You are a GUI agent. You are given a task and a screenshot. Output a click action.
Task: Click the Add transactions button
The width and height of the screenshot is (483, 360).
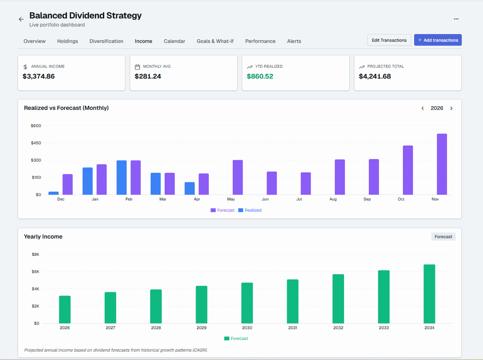438,40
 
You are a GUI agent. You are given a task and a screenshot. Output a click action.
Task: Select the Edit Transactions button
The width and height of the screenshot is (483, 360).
389,40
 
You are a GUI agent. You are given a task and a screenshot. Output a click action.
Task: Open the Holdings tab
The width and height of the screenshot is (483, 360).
68,41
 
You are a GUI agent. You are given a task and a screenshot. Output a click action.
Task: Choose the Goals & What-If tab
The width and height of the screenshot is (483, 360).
215,41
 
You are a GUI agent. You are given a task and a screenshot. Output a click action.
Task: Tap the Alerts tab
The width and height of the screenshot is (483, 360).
294,41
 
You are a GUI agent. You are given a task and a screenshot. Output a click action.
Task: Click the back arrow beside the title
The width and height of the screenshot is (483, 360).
21,19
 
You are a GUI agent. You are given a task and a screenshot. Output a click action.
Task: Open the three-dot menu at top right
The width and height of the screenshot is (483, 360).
456,19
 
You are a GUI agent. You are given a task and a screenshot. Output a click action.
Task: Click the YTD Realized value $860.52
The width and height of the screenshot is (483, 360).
260,77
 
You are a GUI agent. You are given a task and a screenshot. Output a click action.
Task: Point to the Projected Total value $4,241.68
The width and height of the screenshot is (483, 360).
375,77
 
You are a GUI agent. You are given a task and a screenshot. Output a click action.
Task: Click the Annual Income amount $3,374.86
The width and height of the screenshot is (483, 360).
39,77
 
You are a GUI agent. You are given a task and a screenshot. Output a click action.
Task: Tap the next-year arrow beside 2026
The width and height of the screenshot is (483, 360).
451,108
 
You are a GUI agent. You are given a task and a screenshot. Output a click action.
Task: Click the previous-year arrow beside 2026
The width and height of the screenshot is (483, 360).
423,108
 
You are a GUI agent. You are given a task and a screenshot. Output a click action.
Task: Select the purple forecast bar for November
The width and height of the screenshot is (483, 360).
442,164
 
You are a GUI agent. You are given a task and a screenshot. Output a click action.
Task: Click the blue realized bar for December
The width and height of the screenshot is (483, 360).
54,193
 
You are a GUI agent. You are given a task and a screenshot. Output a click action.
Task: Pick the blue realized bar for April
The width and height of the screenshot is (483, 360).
190,188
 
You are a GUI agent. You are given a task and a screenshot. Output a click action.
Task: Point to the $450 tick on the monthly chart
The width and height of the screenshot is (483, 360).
36,143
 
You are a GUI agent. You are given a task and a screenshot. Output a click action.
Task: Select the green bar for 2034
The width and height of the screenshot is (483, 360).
429,294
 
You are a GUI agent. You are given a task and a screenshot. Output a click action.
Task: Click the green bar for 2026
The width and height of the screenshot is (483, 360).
65,309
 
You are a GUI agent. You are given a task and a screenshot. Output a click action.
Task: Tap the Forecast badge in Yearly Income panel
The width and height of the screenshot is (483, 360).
443,237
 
